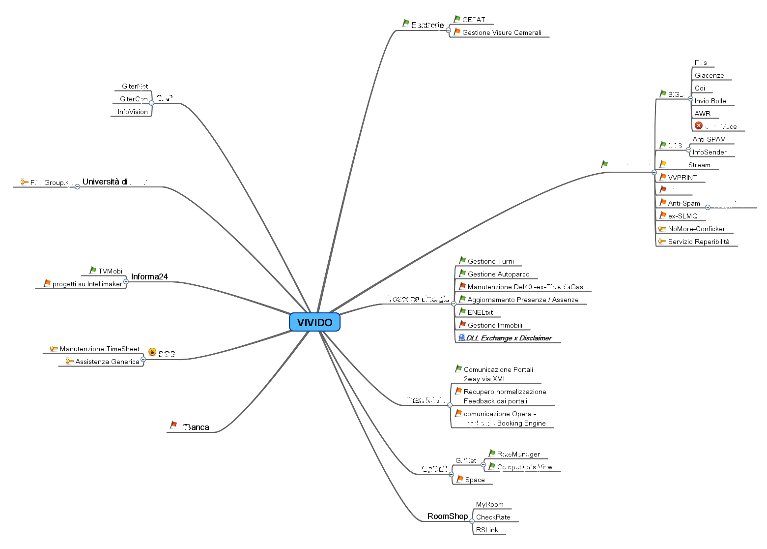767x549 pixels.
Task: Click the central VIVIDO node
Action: coord(314,322)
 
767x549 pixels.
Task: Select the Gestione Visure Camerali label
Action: coord(502,32)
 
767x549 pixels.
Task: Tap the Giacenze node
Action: coord(709,75)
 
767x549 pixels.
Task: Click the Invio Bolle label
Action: coord(710,101)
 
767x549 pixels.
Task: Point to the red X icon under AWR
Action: coord(699,125)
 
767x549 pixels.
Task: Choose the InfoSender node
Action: coord(710,152)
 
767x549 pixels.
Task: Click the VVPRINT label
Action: coord(682,178)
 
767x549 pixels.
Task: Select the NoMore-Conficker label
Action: coord(696,229)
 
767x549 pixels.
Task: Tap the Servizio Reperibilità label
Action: coord(699,242)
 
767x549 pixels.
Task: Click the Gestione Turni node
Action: coord(490,261)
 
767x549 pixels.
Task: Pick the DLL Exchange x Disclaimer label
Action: coord(509,338)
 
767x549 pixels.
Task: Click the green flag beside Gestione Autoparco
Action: coord(462,273)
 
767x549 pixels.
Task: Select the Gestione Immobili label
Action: coord(495,325)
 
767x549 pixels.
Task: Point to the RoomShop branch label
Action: coord(447,516)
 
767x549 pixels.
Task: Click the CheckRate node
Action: coord(493,517)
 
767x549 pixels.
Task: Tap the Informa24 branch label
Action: coord(149,276)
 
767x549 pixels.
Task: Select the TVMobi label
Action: coord(110,271)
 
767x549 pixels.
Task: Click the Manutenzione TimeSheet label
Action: coord(100,349)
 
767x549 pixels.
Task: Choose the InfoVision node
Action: coord(133,112)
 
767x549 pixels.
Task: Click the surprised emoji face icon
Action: coord(152,352)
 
